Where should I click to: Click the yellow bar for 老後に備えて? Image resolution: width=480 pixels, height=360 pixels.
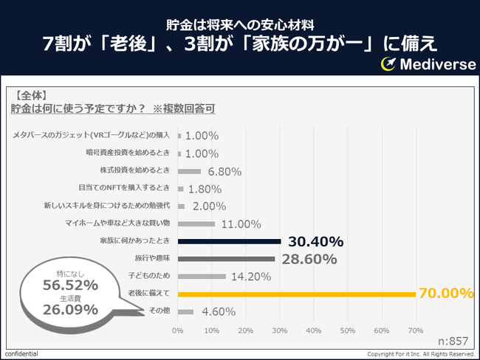click(295, 294)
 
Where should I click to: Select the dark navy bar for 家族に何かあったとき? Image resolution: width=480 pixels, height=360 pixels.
click(229, 241)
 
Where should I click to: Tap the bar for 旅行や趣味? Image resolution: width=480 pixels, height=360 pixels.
click(226, 259)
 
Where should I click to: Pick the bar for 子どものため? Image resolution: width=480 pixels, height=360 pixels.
click(202, 277)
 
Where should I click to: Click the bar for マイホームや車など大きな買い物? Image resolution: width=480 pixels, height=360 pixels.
click(196, 224)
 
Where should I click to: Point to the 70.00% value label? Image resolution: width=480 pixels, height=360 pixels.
click(446, 294)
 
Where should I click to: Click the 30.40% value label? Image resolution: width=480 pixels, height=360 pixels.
click(315, 241)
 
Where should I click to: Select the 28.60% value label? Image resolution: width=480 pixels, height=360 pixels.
click(309, 259)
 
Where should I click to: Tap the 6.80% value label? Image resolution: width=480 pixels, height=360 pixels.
click(224, 171)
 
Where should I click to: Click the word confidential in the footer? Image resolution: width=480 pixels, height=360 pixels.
click(21, 354)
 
